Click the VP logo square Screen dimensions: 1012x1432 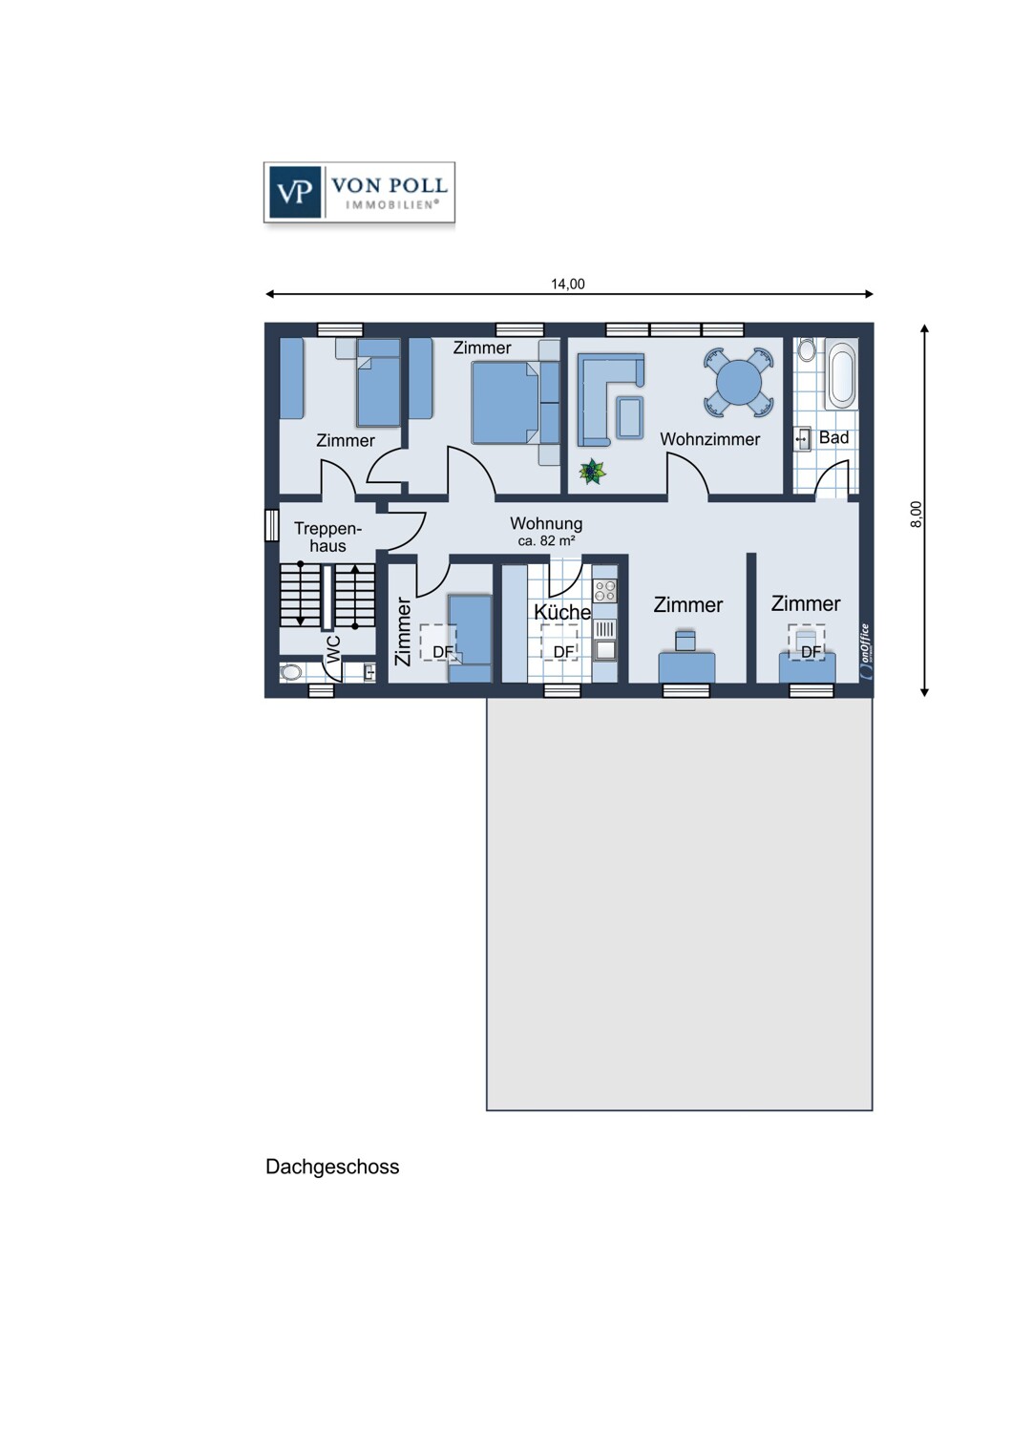coord(295,192)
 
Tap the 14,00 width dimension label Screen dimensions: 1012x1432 coord(568,284)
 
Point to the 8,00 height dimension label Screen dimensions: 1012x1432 coord(917,514)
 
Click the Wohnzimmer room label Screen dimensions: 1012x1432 coord(709,439)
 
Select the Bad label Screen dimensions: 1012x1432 coord(833,437)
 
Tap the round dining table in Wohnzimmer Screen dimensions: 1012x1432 coord(738,382)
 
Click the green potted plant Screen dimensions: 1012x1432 coord(593,472)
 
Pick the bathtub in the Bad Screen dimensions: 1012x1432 coord(841,375)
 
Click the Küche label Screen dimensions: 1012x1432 coord(562,611)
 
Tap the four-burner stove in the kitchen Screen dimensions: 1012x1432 coord(604,590)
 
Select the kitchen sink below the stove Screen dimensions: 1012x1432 coord(604,650)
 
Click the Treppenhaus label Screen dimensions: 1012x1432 coord(328,537)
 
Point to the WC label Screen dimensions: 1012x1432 coord(333,648)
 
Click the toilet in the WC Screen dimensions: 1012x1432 coord(291,672)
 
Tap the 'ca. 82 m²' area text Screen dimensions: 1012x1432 coord(546,541)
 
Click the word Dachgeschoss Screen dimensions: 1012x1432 coord(332,1167)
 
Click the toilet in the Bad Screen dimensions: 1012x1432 coord(808,348)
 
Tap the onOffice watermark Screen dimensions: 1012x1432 coord(866,650)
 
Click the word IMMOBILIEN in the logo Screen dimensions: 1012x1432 coord(391,204)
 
